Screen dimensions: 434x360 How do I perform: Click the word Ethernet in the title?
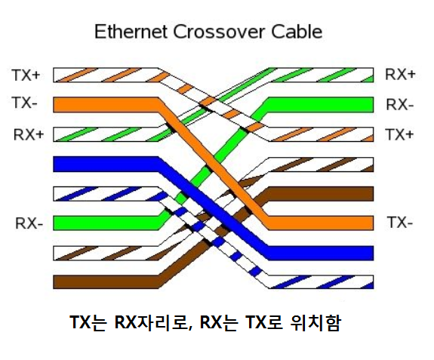pos(131,32)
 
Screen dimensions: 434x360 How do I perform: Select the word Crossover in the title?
pos(219,32)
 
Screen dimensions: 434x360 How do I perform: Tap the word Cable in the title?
pos(297,32)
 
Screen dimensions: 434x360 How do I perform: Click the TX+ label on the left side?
pos(26,75)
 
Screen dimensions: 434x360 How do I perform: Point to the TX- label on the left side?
pos(24,103)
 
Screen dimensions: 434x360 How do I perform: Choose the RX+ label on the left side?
pos(29,134)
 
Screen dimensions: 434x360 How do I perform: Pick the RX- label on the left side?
pos(29,223)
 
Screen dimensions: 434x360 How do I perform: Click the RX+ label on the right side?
pos(400,74)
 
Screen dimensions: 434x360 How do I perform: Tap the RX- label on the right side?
pos(400,105)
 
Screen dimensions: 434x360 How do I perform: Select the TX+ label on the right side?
pos(399,135)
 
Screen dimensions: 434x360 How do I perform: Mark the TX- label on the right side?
pos(400,222)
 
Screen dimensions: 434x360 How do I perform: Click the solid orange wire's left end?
pos(54,105)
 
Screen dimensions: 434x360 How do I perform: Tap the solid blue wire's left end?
pos(54,164)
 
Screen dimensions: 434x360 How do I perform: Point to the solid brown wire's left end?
pos(54,282)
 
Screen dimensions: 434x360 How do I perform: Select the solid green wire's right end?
pos(373,105)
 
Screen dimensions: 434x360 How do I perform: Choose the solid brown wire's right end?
pos(373,194)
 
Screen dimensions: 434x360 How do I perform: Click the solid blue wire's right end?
pos(373,253)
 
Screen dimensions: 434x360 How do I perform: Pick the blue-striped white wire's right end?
pos(373,282)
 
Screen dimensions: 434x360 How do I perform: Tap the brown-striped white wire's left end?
pos(54,253)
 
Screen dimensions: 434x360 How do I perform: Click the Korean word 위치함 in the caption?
pos(315,323)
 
